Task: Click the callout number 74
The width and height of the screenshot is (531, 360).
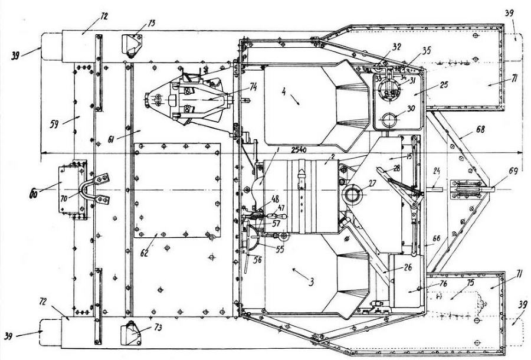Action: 253,86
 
